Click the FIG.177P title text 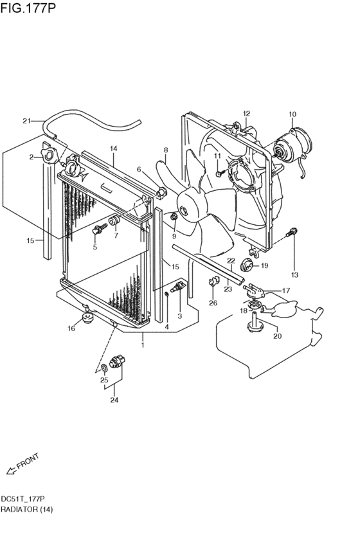pos(28,8)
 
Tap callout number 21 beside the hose pos(26,121)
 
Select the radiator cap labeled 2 pos(48,156)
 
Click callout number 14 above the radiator pos(114,148)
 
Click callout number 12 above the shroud pos(247,113)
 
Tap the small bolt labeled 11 pos(219,173)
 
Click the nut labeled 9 pos(174,218)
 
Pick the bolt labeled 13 pos(292,231)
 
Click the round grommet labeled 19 pos(248,264)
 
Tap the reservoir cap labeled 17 pos(254,290)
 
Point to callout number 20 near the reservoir pos(278,336)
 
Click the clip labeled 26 pos(213,282)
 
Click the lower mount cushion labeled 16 pos(87,318)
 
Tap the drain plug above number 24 pos(117,361)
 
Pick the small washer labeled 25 pos(104,368)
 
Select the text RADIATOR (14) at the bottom pos(26,509)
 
